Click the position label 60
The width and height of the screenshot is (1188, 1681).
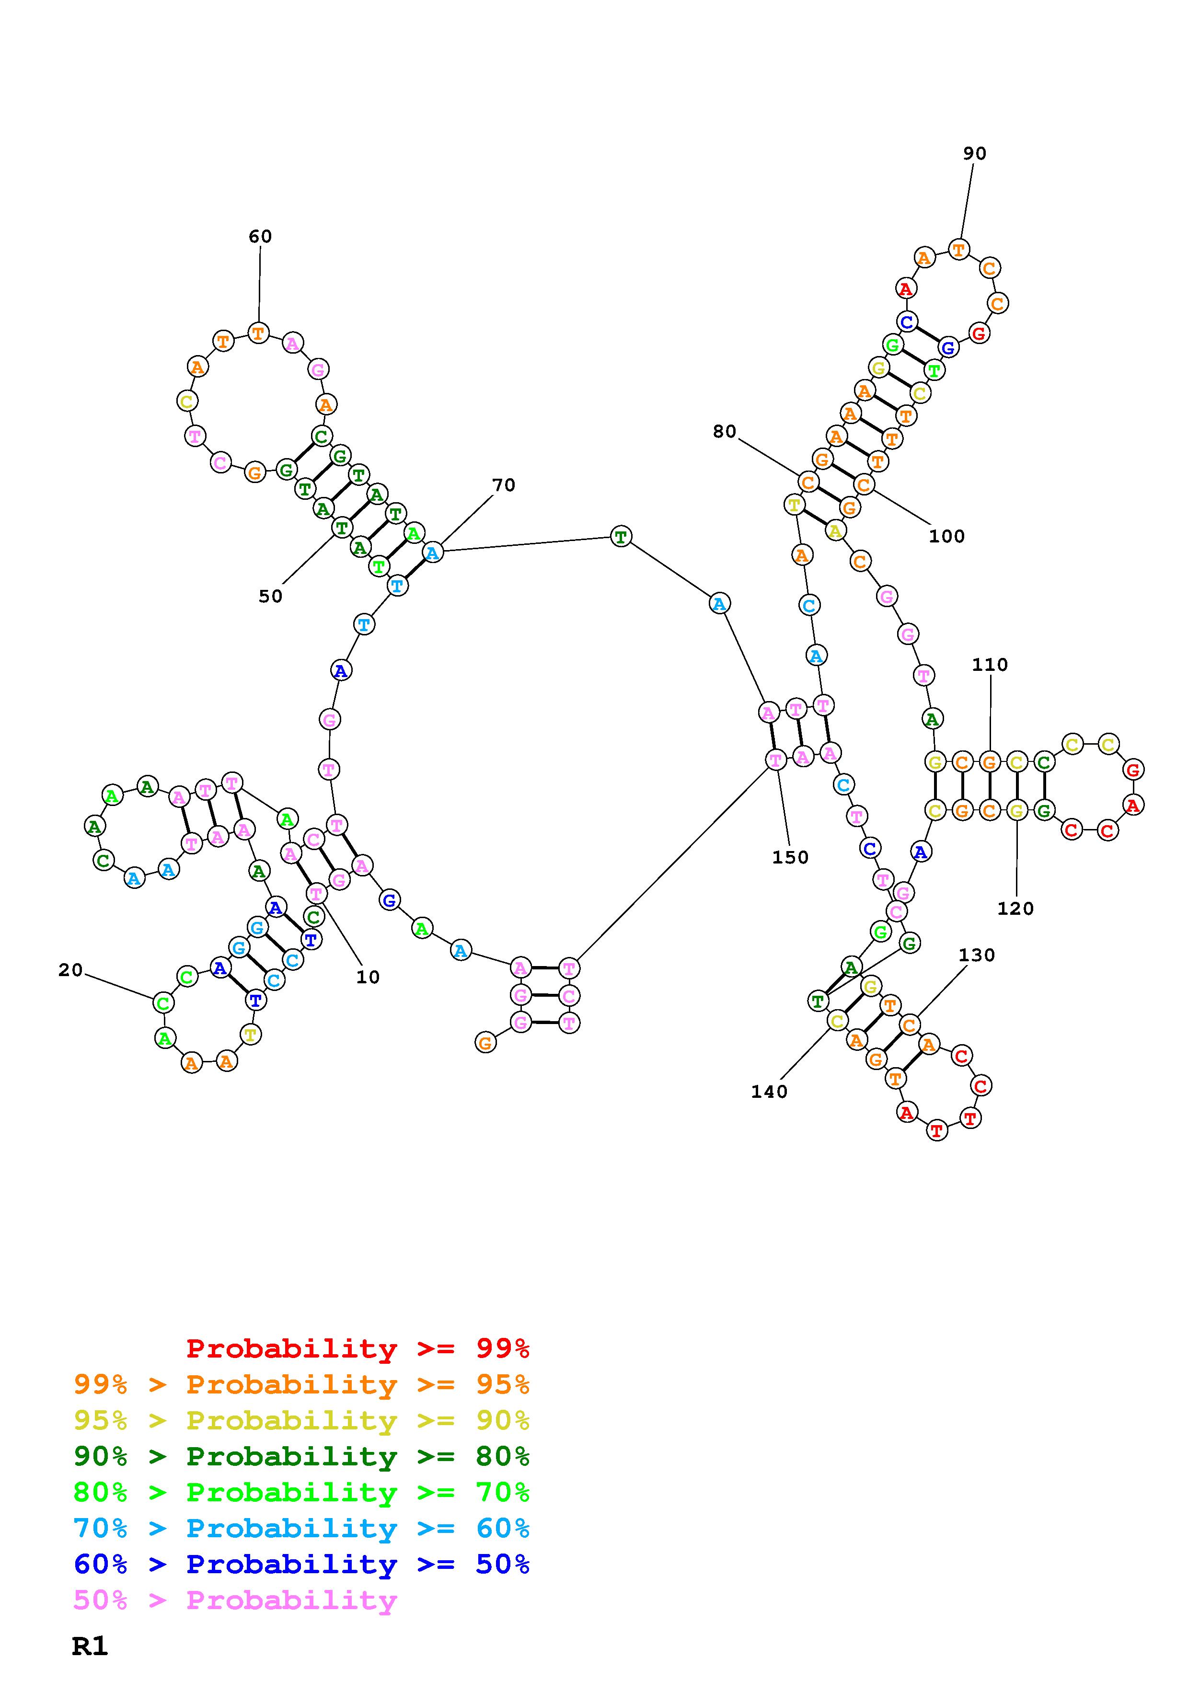260,237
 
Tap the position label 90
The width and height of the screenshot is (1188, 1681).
974,154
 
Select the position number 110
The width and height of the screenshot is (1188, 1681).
990,665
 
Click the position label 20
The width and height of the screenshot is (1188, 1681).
70,970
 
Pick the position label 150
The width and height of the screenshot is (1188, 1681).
790,857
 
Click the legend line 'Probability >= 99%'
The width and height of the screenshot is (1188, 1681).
357,1348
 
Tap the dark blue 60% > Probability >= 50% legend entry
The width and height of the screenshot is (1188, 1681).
301,1564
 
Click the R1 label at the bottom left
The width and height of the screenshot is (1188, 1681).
90,1646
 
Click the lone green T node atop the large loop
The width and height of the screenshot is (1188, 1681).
621,537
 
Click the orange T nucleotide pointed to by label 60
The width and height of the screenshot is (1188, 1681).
258,333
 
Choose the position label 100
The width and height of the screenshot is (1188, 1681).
946,537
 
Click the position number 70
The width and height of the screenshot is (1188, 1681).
504,485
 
